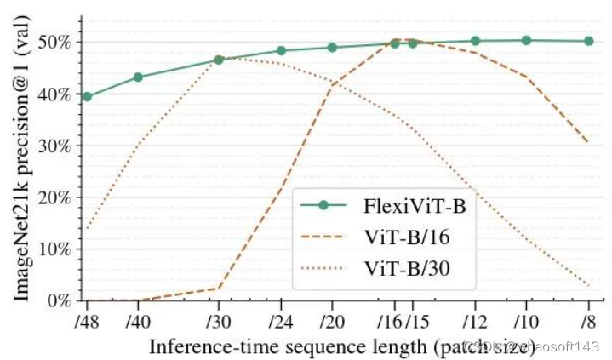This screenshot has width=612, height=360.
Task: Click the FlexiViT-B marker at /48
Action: (86, 96)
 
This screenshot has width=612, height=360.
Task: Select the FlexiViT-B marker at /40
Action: (139, 77)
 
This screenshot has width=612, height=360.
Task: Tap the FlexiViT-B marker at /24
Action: (282, 50)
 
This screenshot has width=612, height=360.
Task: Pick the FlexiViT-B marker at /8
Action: (589, 41)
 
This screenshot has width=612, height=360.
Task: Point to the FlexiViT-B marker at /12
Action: (475, 41)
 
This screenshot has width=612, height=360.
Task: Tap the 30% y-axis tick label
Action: (58, 146)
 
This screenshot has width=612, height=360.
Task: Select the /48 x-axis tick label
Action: (86, 323)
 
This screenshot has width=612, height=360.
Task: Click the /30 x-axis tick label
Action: (219, 323)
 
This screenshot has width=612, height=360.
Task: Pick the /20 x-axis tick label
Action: (332, 323)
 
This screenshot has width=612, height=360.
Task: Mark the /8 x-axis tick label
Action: (588, 323)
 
